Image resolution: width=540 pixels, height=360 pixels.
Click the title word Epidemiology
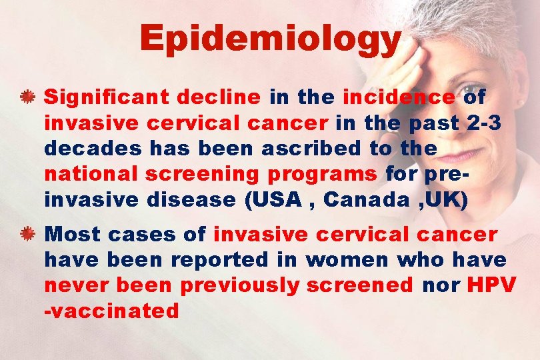click(x=270, y=39)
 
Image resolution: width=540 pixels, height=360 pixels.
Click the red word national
click(x=92, y=173)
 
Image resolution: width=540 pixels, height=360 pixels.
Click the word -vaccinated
click(x=111, y=310)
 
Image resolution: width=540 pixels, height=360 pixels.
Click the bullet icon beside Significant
click(x=27, y=98)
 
